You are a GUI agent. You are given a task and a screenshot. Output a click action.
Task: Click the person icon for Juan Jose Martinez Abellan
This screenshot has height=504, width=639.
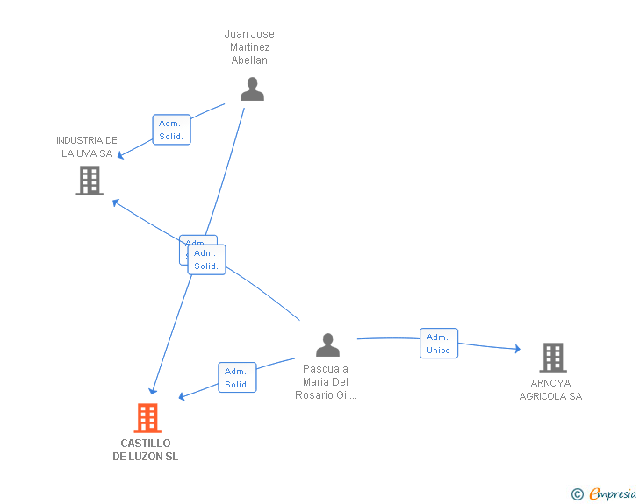(x=252, y=89)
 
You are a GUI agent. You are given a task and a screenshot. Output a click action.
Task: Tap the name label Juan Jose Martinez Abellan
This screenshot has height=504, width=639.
(x=249, y=47)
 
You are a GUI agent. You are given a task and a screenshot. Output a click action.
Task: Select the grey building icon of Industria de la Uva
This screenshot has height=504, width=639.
(x=90, y=181)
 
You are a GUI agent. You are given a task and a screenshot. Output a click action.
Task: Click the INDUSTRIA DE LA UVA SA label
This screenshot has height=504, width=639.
(x=87, y=147)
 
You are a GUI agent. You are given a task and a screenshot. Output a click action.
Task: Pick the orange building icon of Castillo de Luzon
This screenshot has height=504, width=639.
(x=147, y=418)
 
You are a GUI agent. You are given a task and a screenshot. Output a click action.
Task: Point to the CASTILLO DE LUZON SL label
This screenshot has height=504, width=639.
(x=146, y=450)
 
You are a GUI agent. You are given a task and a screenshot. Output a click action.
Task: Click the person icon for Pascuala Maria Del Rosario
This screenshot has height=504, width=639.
(x=327, y=345)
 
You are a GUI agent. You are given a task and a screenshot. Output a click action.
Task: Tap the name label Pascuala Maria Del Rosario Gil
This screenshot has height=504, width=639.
(x=326, y=382)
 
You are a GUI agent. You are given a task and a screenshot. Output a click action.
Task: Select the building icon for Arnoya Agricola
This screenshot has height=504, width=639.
(x=552, y=358)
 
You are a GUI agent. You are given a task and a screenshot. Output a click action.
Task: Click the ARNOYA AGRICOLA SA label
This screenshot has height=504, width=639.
(x=550, y=390)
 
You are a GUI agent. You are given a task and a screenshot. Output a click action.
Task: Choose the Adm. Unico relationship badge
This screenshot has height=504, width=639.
(x=438, y=344)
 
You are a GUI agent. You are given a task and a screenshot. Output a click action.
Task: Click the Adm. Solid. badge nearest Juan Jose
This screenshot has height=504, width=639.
(x=171, y=130)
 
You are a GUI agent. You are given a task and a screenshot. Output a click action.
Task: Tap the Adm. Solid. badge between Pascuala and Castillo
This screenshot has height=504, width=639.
(x=237, y=378)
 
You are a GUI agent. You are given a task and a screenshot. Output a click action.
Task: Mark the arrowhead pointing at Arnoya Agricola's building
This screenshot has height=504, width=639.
(x=517, y=349)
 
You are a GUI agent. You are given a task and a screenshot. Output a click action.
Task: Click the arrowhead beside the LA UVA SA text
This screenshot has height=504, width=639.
(x=121, y=156)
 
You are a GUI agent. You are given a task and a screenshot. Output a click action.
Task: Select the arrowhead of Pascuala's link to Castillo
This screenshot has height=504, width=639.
(x=183, y=397)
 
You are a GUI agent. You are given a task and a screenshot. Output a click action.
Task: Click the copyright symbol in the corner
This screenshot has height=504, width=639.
(x=577, y=494)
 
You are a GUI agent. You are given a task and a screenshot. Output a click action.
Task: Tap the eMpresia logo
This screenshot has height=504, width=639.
(x=612, y=494)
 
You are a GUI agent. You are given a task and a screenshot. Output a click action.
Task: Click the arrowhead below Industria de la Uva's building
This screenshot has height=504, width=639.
(x=115, y=202)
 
